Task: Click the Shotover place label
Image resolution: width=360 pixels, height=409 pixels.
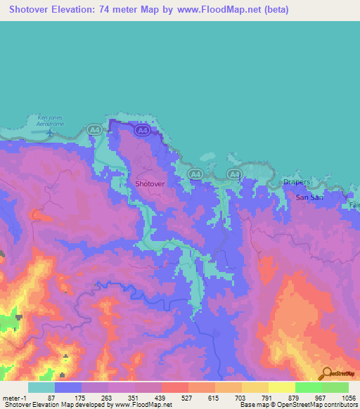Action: (x=150, y=183)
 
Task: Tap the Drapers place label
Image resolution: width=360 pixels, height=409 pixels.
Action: (x=297, y=182)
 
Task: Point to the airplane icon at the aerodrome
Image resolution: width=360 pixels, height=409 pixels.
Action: (x=49, y=131)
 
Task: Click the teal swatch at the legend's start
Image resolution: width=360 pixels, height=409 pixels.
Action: (x=41, y=387)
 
